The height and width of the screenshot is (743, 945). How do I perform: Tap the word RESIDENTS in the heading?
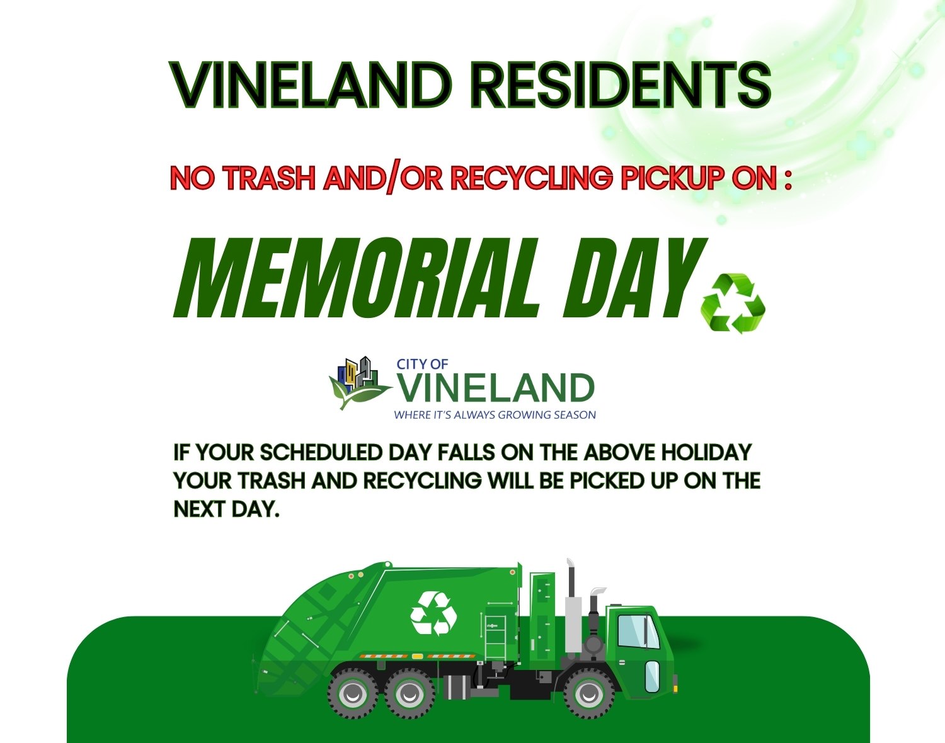pos(621,85)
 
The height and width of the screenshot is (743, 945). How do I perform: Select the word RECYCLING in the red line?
pos(531,178)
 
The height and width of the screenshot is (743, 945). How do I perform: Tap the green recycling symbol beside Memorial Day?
pos(733,303)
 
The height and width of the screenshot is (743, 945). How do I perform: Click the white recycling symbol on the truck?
pos(433,613)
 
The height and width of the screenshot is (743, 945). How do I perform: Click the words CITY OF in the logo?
pos(423,364)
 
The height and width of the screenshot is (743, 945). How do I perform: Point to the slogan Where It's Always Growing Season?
pos(495,415)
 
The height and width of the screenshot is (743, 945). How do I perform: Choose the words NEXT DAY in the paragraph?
pos(227,509)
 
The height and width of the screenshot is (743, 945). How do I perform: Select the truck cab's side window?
pos(638,632)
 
